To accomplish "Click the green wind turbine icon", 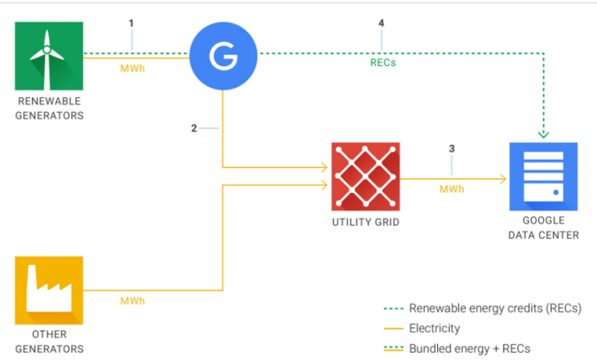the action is click(49, 56).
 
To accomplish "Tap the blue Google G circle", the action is click(223, 56).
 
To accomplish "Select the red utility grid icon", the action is click(366, 176).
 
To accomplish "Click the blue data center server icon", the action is click(543, 176).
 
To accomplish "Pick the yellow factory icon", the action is click(49, 290).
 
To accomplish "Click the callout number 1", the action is click(131, 23).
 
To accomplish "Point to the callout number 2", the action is click(194, 129).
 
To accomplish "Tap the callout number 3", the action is click(452, 149).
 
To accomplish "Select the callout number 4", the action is click(381, 23).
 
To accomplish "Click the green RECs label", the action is click(383, 63).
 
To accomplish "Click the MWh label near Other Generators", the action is click(133, 301).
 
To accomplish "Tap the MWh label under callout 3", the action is click(452, 190).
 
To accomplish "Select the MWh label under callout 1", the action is click(133, 68).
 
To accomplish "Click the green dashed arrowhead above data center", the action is click(543, 134).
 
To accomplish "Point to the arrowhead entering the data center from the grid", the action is click(503, 178).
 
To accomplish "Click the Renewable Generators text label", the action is click(49, 108).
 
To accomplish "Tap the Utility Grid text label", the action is click(366, 222).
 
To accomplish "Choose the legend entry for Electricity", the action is click(422, 329).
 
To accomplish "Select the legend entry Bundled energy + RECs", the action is click(457, 349).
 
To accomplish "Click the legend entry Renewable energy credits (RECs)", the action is click(483, 309).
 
